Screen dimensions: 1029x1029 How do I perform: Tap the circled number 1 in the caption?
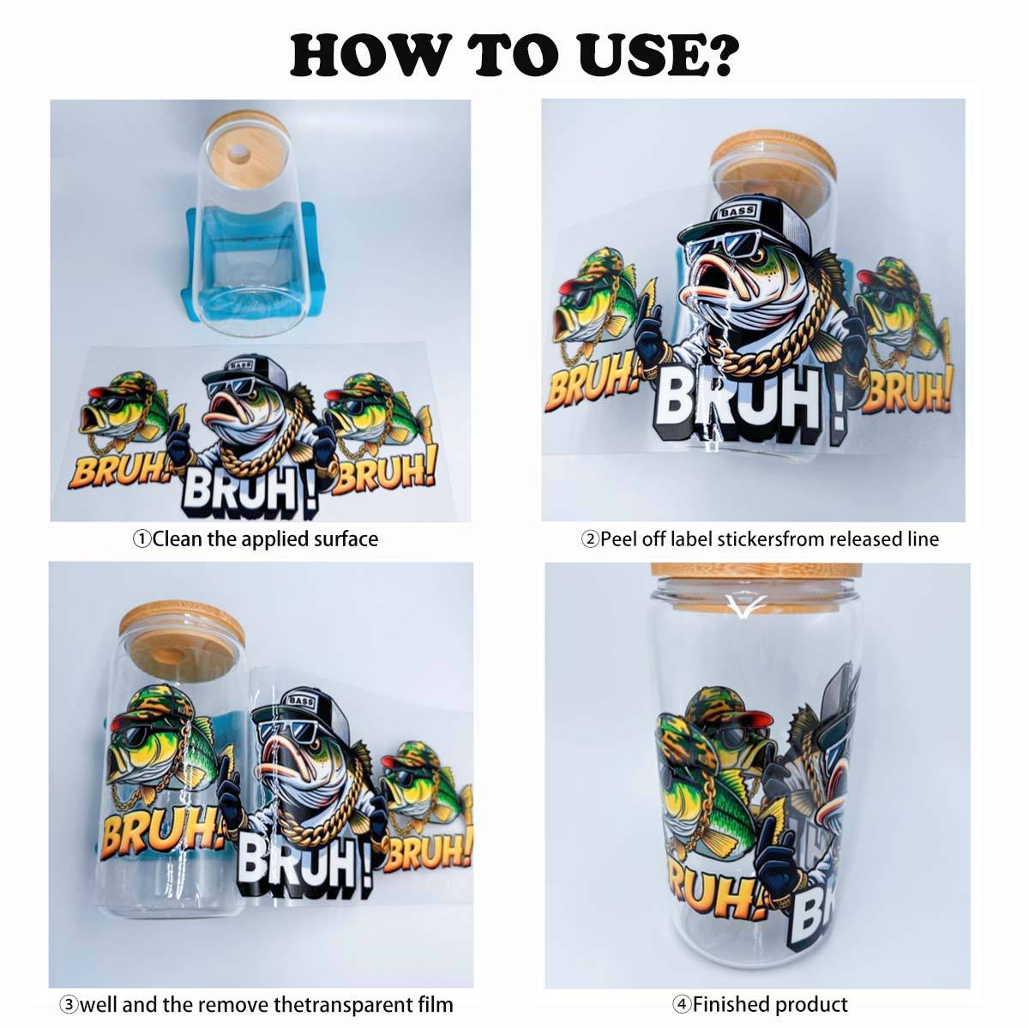(x=141, y=539)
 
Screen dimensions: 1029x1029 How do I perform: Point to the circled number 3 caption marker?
(x=69, y=1004)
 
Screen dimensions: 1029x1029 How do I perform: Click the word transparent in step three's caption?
(x=368, y=1004)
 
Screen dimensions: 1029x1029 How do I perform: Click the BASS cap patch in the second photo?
(x=737, y=211)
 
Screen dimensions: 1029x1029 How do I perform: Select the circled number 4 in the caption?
(x=682, y=1004)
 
